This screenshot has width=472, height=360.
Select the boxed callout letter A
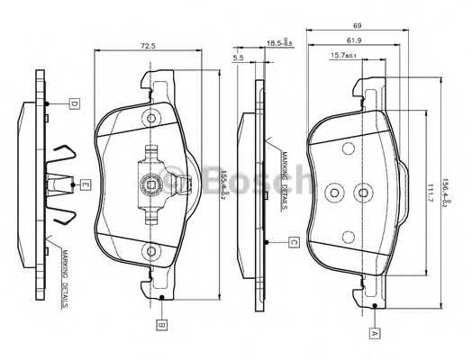(x=374, y=331)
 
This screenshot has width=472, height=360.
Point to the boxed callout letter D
(x=75, y=104)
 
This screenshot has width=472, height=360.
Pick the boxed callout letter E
(x=85, y=185)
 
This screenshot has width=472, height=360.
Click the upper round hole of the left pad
(x=151, y=119)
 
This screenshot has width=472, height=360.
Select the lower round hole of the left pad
(x=151, y=251)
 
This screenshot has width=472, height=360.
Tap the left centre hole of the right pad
(x=335, y=191)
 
